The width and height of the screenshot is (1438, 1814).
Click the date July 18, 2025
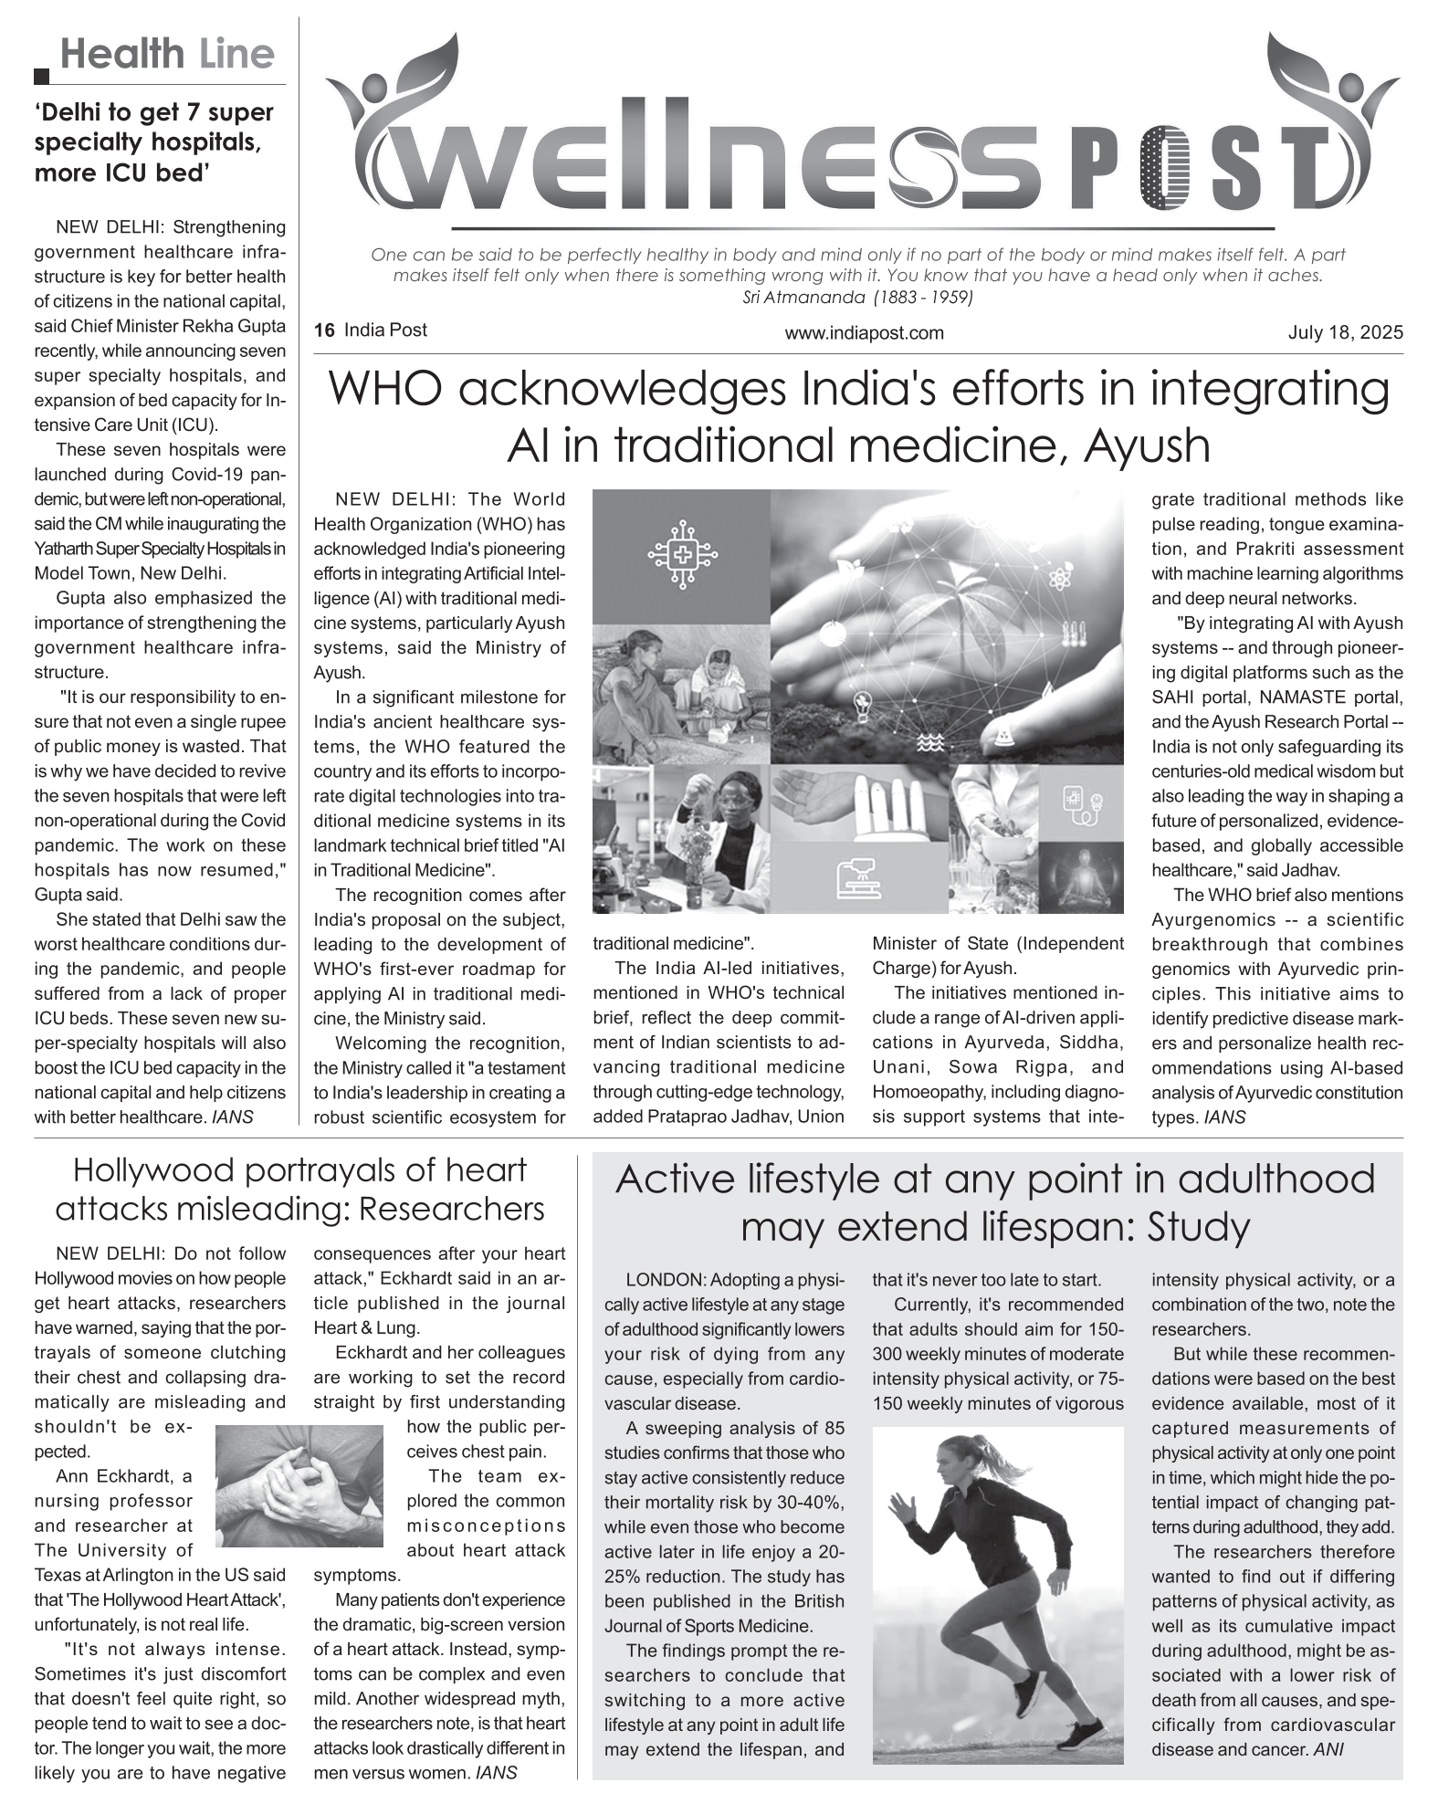tap(1345, 332)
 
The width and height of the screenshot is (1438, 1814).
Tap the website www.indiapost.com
tap(864, 333)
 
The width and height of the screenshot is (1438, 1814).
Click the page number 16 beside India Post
tap(323, 330)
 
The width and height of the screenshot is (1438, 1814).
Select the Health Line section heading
tap(167, 55)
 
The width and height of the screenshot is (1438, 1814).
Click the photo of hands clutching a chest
tap(299, 1486)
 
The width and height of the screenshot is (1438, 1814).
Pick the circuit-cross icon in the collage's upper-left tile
tap(681, 553)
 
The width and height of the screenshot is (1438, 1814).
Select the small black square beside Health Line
tap(42, 77)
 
